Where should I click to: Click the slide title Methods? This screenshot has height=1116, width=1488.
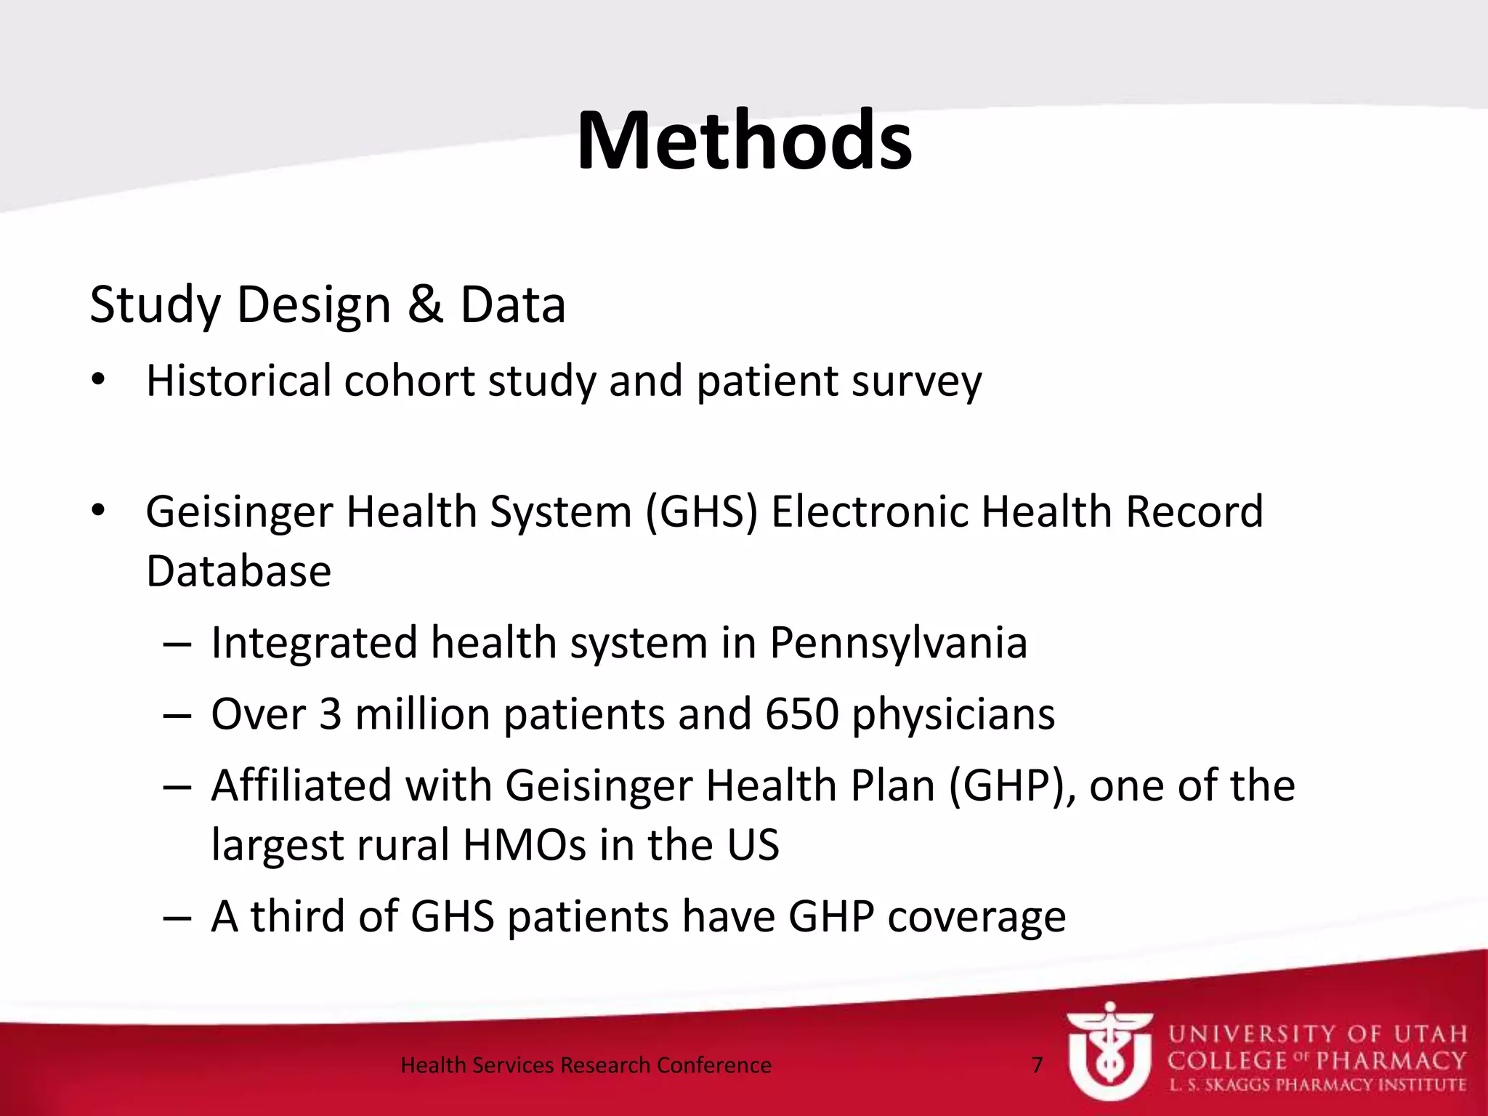744,141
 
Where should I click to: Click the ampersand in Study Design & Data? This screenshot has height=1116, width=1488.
425,304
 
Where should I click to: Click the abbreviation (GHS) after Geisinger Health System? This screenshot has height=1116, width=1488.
701,511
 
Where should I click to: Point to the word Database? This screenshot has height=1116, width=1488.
238,571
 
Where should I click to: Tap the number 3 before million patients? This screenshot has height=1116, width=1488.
330,714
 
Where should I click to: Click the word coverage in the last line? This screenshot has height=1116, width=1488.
976,917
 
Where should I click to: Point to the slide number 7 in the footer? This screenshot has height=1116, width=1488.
1037,1065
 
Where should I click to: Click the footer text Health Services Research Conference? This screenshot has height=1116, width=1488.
586,1065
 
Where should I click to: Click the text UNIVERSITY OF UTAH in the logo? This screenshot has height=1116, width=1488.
1317,1034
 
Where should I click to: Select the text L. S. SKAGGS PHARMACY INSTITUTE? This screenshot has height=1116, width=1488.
1317,1085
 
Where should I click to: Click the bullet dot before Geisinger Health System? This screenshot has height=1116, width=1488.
99,511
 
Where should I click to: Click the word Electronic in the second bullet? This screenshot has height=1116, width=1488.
869,511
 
